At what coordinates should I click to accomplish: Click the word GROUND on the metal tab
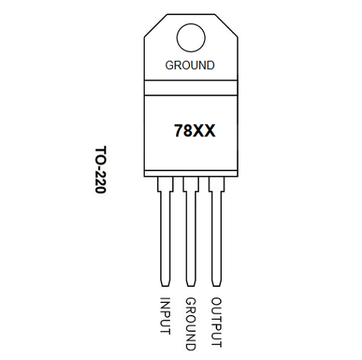pyautogui.click(x=190, y=65)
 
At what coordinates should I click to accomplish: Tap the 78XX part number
pyautogui.click(x=194, y=131)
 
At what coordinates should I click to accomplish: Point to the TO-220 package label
pyautogui.click(x=101, y=170)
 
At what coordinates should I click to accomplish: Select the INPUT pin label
pyautogui.click(x=165, y=316)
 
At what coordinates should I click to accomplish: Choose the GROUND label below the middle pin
pyautogui.click(x=191, y=324)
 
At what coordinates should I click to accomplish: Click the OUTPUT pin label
pyautogui.click(x=216, y=322)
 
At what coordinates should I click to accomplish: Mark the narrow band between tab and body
pyautogui.click(x=191, y=88)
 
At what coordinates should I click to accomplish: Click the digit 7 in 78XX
pyautogui.click(x=179, y=131)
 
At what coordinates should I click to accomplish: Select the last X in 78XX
pyautogui.click(x=210, y=131)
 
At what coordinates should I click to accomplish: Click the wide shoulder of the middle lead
pyautogui.click(x=191, y=184)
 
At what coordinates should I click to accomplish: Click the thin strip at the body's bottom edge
pyautogui.click(x=191, y=174)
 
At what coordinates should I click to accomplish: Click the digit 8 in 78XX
pyautogui.click(x=189, y=131)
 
